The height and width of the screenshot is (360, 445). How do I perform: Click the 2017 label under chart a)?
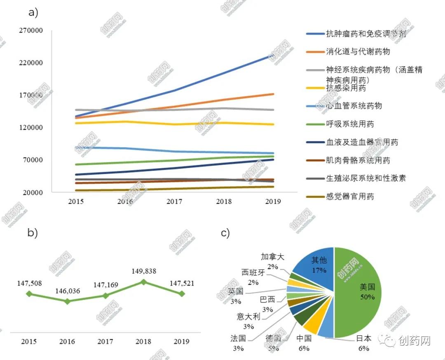(174, 201)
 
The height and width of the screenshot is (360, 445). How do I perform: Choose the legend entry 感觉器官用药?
(350, 196)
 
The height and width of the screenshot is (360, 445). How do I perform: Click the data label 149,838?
(143, 271)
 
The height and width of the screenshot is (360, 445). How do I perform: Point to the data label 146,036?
(67, 291)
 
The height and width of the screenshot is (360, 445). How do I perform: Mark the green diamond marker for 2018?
(143, 282)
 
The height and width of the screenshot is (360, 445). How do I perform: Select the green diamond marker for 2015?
(29, 293)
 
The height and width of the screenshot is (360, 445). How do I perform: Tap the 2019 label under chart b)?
(182, 341)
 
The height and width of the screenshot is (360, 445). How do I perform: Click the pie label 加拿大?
(272, 257)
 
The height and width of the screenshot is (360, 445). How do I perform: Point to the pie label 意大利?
(248, 317)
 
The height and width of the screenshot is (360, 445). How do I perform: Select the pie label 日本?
(363, 339)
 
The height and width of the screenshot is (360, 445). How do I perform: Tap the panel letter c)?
(225, 233)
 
